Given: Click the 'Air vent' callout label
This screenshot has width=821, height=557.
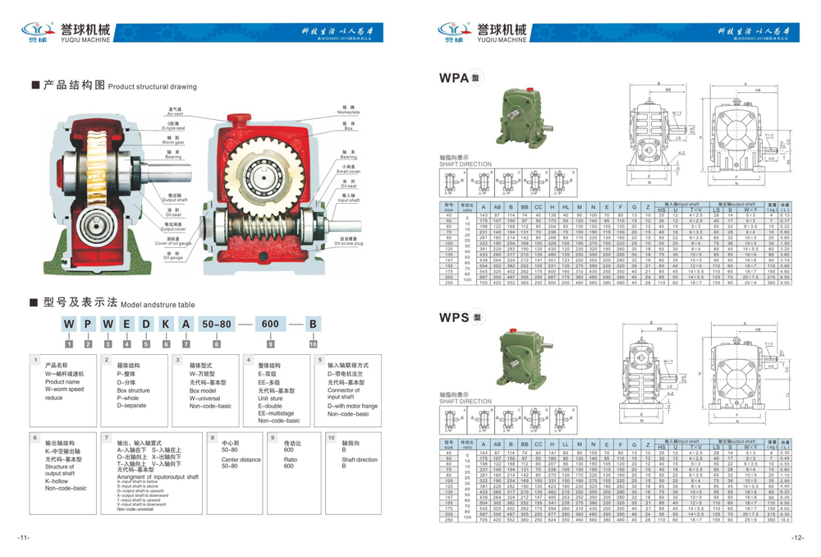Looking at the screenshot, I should coord(175,113).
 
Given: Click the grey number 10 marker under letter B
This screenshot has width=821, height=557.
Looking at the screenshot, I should coord(313,344).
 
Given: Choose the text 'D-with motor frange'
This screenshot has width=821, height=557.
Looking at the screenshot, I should coord(352,406).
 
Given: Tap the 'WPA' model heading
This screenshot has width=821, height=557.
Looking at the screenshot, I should coord(453,78).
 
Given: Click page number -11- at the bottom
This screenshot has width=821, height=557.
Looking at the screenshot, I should coord(23,538).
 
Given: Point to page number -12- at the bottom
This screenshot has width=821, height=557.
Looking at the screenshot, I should coord(797,538).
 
